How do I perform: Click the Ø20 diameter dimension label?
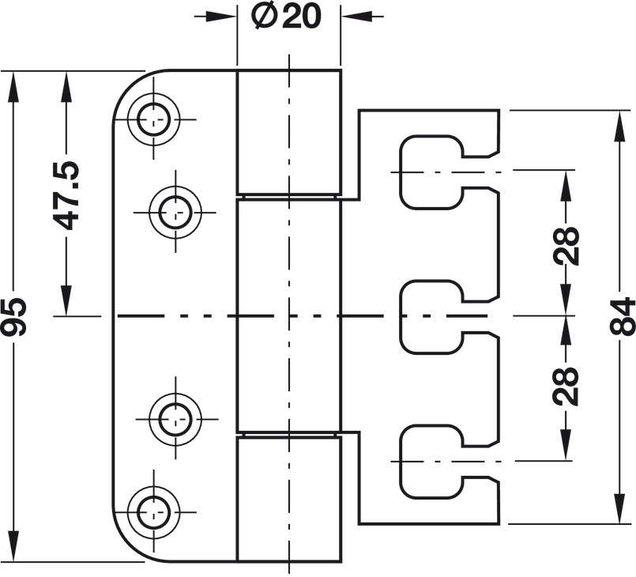pos(286,17)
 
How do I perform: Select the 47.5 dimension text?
pos(66,195)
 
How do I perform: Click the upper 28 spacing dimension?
pos(566,246)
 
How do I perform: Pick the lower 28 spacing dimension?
pos(566,387)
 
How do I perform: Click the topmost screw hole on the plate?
pos(153,119)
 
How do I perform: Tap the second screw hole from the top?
pos(175,212)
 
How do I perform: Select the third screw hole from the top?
pos(175,419)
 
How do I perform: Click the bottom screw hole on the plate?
pos(153,512)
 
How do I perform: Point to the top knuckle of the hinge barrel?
pos(289,132)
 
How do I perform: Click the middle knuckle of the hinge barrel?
pos(289,315)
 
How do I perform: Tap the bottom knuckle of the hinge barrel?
pos(289,499)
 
